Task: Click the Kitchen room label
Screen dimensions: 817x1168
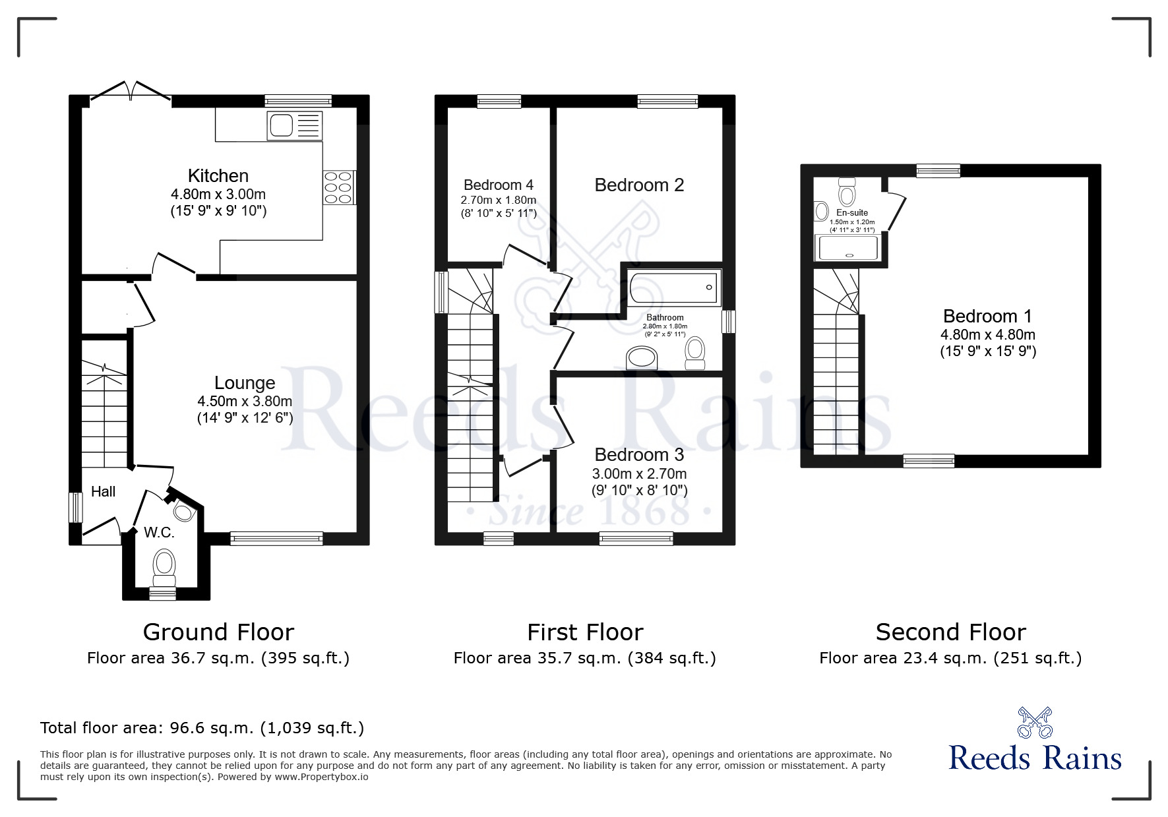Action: coord(218,176)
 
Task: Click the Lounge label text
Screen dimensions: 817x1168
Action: coord(245,383)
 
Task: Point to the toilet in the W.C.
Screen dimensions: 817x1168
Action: coord(164,566)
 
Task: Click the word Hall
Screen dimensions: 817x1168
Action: coord(104,491)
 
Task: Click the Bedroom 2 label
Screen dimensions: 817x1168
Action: coord(639,185)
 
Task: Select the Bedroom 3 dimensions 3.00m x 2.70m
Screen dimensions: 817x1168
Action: coord(639,474)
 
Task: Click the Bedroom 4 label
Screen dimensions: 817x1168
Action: coord(499,185)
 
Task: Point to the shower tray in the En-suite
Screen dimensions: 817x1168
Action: coord(848,249)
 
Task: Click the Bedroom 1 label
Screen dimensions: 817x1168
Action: coord(987,317)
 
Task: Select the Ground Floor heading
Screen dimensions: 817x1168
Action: coord(218,632)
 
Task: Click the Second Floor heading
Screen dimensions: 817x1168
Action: coord(950,632)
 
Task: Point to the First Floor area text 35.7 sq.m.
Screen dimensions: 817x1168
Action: coord(585,658)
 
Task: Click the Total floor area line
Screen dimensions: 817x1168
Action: coord(202,728)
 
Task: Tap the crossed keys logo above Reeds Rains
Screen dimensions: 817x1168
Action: coord(1035,723)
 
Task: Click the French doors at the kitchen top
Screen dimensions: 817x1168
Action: coord(131,92)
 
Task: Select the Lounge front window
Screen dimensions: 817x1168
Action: coord(276,539)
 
